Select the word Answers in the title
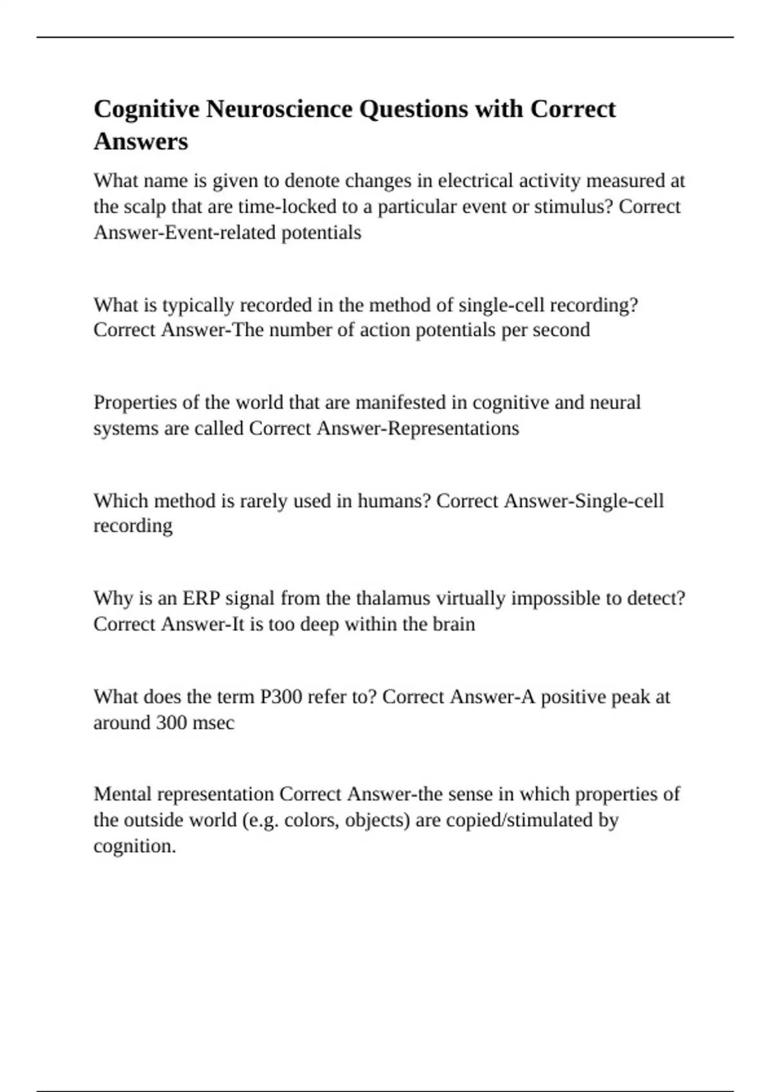coord(141,141)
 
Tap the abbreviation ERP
coord(201,599)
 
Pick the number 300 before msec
coord(172,723)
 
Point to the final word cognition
coord(134,846)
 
